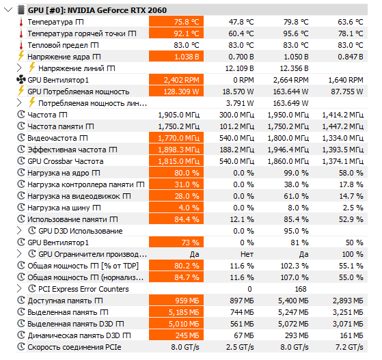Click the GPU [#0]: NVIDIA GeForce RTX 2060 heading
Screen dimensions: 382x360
click(97, 10)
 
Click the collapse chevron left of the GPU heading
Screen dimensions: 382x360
click(8, 10)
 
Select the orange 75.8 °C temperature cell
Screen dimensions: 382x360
click(176, 22)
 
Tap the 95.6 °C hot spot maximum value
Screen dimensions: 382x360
click(295, 33)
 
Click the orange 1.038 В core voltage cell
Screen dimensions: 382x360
click(176, 57)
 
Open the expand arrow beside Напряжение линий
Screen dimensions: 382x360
click(19, 68)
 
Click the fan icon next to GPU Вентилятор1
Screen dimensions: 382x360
click(21, 80)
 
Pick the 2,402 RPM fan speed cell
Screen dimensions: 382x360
click(176, 80)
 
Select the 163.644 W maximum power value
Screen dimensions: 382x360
click(290, 92)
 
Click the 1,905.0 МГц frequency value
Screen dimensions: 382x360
click(179, 115)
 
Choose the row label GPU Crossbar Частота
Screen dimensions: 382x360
click(66, 161)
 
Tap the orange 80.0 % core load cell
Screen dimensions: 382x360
click(176, 173)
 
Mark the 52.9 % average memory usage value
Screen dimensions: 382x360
click(351, 219)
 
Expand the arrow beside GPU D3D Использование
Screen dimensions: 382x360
click(19, 231)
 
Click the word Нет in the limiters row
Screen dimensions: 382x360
click(247, 254)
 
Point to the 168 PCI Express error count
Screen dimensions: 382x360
click(301, 289)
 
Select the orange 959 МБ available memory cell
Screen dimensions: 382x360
click(176, 301)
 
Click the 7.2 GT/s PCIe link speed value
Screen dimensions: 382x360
click(349, 347)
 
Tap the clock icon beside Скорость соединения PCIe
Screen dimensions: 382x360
click(21, 346)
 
